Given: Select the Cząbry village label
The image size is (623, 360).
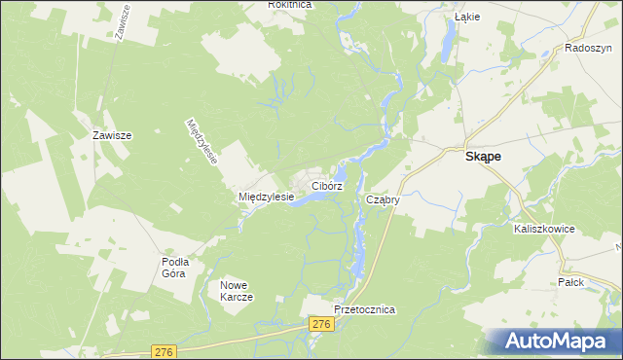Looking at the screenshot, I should click(384, 199).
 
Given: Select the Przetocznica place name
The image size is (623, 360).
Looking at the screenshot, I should click(363, 309).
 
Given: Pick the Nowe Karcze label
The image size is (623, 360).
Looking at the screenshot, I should click(237, 290).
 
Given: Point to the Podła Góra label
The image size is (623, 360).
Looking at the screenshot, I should click(175, 267).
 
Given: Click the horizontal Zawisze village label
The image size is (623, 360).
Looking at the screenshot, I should click(111, 136).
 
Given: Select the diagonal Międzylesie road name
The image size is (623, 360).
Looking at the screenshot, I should click(202, 141).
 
